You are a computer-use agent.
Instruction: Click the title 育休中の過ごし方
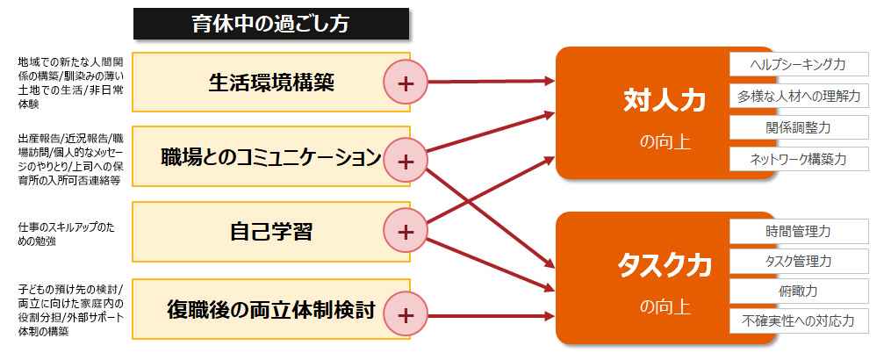click(271, 24)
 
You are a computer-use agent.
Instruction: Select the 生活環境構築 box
click(271, 83)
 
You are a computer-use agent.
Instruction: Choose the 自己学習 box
click(271, 232)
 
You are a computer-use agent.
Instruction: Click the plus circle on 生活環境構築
click(406, 83)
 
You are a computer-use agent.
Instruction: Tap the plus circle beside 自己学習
click(406, 232)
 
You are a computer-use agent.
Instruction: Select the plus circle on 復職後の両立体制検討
click(406, 314)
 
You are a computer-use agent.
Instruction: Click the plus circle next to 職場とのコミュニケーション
click(406, 162)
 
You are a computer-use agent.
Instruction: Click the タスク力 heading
click(665, 265)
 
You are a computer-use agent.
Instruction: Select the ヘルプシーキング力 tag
click(799, 64)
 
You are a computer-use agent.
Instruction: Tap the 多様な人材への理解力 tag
click(799, 96)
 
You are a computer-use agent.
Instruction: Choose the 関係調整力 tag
click(799, 127)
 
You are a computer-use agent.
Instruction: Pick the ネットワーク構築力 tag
click(799, 159)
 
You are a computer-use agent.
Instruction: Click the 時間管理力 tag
click(799, 232)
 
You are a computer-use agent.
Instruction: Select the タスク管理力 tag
click(799, 261)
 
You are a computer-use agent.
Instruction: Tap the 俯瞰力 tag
click(799, 292)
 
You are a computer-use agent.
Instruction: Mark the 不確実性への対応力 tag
click(799, 320)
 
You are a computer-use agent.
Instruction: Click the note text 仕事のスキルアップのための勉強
click(66, 234)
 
